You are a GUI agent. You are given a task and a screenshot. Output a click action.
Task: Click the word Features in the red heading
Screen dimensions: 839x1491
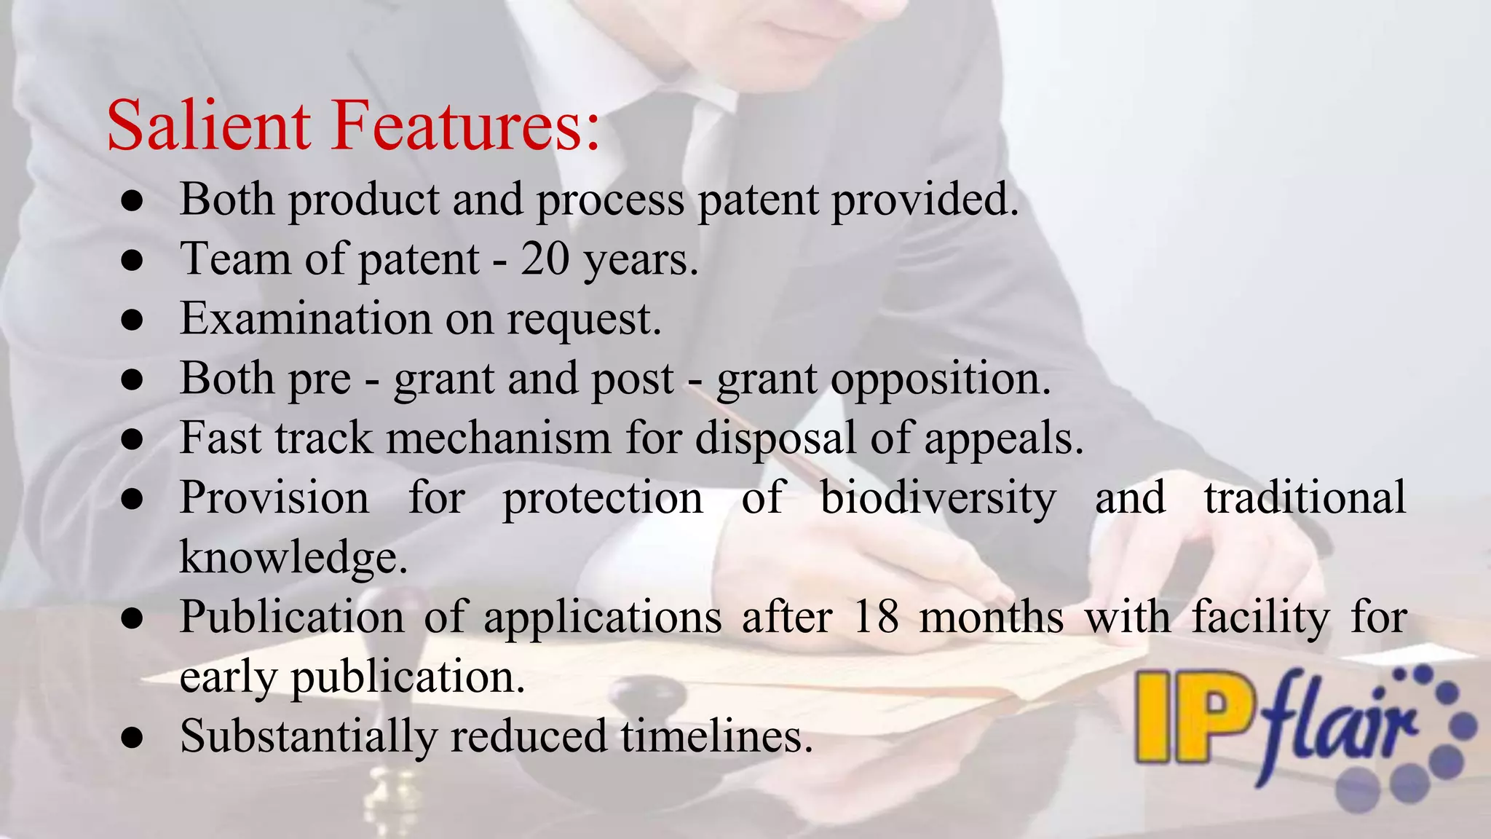[x=466, y=125]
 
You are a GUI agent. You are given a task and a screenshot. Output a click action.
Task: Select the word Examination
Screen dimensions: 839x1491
[x=306, y=318]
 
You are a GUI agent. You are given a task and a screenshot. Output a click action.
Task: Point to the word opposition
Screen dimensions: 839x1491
[x=883, y=379]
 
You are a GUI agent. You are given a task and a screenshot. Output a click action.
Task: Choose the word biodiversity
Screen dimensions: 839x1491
[x=938, y=498]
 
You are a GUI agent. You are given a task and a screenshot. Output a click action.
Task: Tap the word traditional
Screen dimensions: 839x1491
[x=1304, y=498]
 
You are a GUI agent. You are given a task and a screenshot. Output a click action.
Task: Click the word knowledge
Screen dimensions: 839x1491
[x=293, y=558]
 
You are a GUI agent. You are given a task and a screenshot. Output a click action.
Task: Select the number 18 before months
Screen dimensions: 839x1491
[x=874, y=618]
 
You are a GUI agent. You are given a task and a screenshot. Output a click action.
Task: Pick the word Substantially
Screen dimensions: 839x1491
[x=309, y=736]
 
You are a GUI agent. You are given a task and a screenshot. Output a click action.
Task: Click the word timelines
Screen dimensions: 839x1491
[x=716, y=736]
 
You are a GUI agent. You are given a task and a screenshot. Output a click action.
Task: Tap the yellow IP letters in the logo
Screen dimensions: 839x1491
[x=1194, y=717]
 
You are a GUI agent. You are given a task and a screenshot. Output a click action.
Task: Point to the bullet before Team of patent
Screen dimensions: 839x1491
[x=132, y=260]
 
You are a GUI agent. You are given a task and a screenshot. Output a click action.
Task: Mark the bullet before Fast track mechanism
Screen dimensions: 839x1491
[x=132, y=440]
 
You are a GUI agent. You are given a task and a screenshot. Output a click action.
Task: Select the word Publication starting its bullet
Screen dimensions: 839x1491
[x=292, y=618]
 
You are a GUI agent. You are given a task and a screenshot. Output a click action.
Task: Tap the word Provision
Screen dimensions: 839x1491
[x=274, y=498]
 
